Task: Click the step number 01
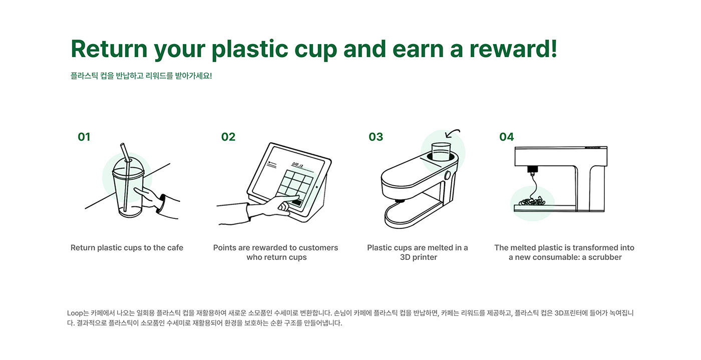click(84, 137)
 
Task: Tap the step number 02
click(228, 137)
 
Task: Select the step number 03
click(376, 137)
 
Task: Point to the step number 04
click(506, 137)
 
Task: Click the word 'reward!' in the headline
click(513, 49)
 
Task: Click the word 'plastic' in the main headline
click(250, 50)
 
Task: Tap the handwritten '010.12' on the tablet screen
click(297, 164)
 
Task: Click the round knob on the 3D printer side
click(448, 175)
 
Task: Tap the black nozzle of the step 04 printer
click(532, 170)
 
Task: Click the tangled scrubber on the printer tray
click(532, 201)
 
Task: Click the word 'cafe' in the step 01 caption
click(175, 248)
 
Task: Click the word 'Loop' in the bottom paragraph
click(75, 313)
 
